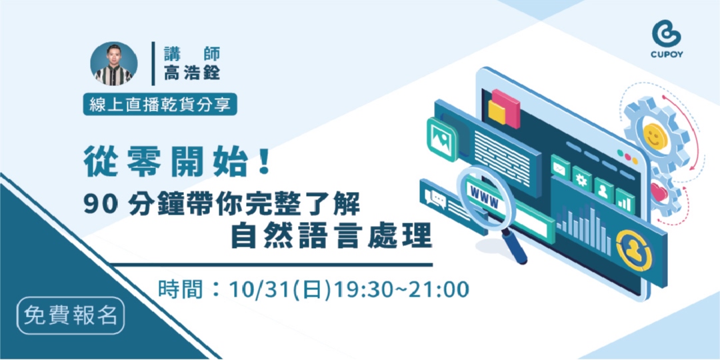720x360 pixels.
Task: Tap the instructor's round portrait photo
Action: (x=114, y=64)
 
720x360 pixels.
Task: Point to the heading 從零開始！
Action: (x=177, y=161)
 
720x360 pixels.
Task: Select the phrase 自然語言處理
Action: (x=331, y=236)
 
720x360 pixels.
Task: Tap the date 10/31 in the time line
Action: (x=253, y=289)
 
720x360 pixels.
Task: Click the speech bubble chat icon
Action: (x=438, y=198)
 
